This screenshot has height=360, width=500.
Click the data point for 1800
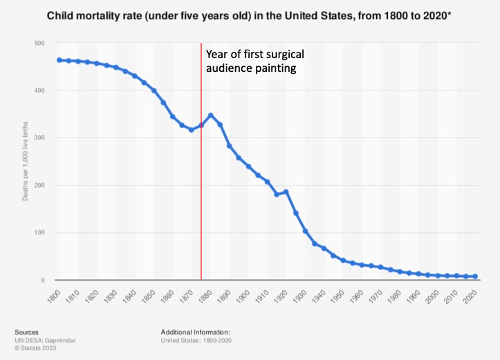tap(59, 60)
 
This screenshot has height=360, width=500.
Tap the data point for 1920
tap(286, 191)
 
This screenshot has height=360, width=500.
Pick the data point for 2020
tap(475, 276)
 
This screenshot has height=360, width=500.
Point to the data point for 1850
tap(154, 91)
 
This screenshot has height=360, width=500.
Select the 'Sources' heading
tap(26, 332)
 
